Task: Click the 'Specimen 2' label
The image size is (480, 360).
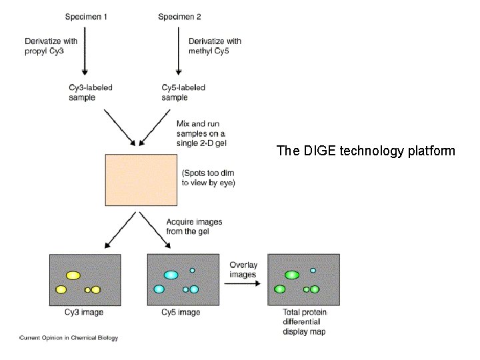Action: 179,17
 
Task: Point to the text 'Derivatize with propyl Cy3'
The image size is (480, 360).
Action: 53,46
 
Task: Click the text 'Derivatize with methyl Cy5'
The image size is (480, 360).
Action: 215,46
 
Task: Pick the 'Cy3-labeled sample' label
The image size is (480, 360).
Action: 91,92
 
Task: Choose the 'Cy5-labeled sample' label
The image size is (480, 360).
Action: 183,92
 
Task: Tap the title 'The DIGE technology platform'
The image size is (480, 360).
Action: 365,151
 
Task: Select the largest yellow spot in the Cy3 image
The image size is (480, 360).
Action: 73,275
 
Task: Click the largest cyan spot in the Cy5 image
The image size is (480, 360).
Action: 170,275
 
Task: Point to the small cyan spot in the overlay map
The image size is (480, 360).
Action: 313,270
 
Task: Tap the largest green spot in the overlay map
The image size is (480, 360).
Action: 291,275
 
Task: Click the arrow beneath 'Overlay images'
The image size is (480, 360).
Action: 243,283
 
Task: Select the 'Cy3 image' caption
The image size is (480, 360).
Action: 84,312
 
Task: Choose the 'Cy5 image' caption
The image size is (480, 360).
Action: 180,312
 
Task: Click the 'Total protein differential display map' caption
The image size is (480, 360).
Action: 304,322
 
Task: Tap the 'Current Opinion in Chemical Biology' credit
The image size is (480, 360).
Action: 69,338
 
